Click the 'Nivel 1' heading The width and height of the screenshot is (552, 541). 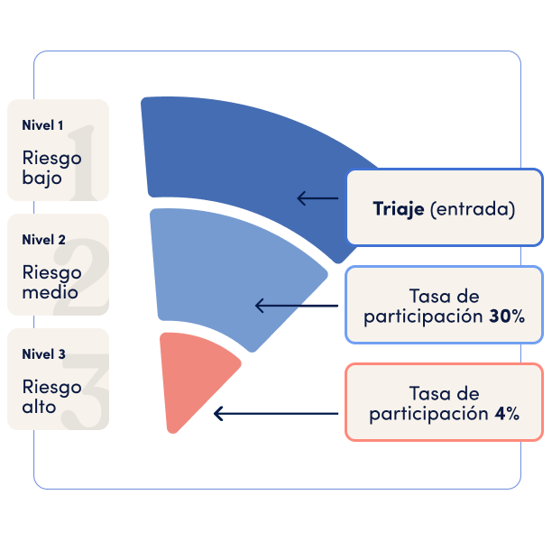[42, 125]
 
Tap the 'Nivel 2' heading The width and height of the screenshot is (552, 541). [43, 240]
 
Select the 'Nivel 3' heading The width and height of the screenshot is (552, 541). [43, 354]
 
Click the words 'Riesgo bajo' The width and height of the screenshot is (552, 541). [51, 168]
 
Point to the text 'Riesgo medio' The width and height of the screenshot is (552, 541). [51, 282]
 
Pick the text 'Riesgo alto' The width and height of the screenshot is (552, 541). [51, 397]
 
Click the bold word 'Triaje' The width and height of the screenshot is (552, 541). [399, 209]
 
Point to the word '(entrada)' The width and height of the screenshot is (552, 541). [473, 209]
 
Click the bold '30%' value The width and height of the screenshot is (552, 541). [507, 316]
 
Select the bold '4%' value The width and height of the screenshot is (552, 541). [507, 413]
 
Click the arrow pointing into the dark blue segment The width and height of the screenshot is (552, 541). [317, 198]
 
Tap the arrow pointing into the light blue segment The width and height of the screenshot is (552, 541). [297, 306]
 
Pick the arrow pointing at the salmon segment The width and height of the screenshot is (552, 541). [276, 414]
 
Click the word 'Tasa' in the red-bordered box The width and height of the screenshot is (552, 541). [425, 393]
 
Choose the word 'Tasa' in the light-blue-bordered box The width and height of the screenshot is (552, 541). [425, 297]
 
